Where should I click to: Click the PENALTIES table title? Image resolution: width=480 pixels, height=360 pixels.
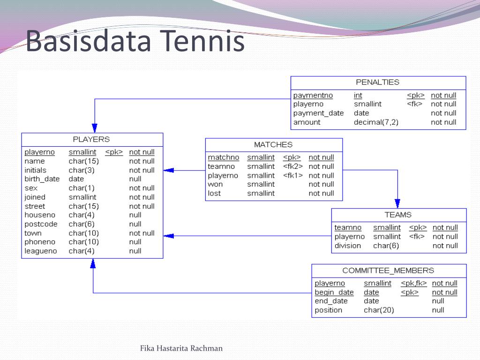click(377, 82)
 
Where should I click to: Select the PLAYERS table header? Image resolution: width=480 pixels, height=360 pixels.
click(91, 139)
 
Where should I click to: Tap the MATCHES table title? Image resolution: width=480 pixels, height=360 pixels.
click(273, 144)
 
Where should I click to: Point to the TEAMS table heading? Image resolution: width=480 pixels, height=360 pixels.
click(398, 215)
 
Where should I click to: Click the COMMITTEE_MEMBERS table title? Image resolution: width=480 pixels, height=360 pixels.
click(388, 270)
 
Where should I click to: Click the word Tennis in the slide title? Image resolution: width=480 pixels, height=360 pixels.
click(202, 40)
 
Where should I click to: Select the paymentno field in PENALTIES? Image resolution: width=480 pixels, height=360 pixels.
click(313, 95)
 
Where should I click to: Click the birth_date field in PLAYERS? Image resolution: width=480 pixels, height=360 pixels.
click(42, 179)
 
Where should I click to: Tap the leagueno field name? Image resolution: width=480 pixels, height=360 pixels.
click(41, 251)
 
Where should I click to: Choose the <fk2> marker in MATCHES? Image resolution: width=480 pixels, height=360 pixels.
click(293, 166)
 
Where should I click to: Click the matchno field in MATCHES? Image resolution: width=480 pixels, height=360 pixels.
click(224, 157)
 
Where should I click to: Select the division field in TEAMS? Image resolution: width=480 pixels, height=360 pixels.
click(348, 246)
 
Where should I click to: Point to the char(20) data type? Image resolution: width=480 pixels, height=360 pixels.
click(379, 310)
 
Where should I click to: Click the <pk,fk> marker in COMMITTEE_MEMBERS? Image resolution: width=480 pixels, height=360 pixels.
click(414, 283)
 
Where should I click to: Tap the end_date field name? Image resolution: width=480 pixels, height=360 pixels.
click(331, 301)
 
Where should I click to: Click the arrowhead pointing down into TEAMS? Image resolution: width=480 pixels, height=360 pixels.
click(397, 203)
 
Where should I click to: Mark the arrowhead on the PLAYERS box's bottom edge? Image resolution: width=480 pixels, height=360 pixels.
click(93, 263)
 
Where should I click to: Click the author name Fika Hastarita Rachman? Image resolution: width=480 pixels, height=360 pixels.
click(181, 348)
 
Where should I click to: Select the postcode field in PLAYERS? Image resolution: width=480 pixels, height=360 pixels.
click(41, 224)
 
